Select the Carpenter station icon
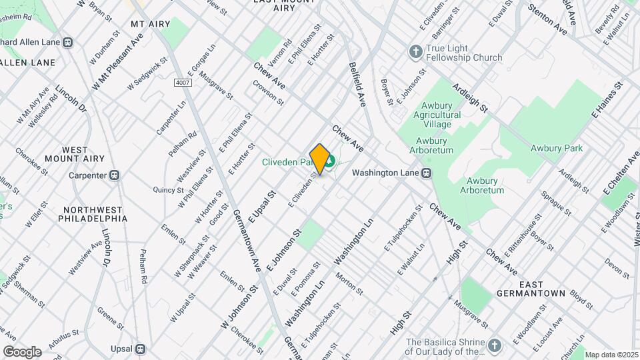(115, 175)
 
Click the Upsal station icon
(140, 349)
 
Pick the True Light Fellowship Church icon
(415, 51)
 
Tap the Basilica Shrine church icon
(493, 345)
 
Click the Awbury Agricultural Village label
(437, 115)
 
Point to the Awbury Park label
(557, 148)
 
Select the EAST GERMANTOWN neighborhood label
(531, 293)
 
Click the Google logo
(22, 351)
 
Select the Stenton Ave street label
(547, 20)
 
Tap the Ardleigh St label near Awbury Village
(471, 97)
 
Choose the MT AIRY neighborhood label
(147, 24)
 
